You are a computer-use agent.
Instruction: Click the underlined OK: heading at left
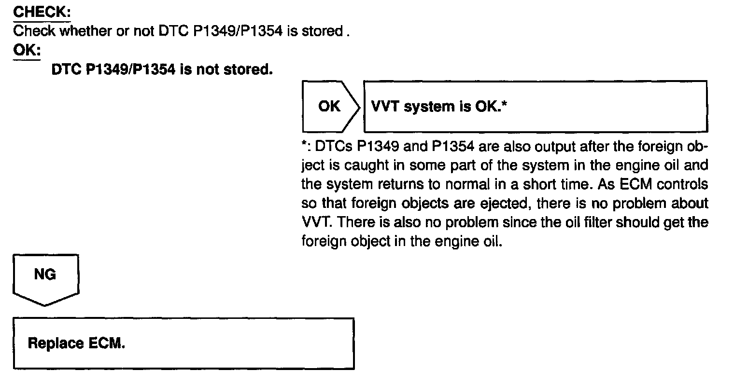point(27,50)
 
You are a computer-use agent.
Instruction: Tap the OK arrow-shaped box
point(330,107)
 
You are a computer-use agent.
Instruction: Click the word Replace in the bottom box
point(56,343)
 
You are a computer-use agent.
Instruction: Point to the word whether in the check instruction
point(85,31)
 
